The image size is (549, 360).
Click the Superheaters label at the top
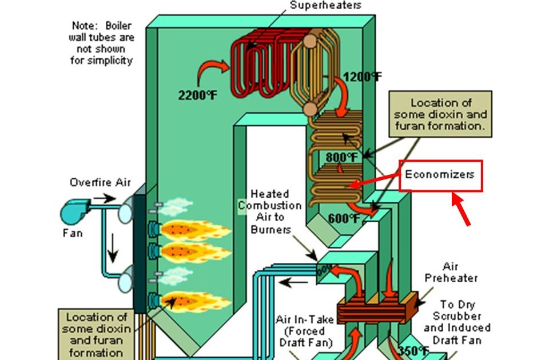click(325, 6)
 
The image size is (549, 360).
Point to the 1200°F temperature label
click(362, 76)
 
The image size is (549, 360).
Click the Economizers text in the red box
click(440, 174)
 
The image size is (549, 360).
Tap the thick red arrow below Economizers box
click(462, 209)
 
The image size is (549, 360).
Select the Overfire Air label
click(100, 183)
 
